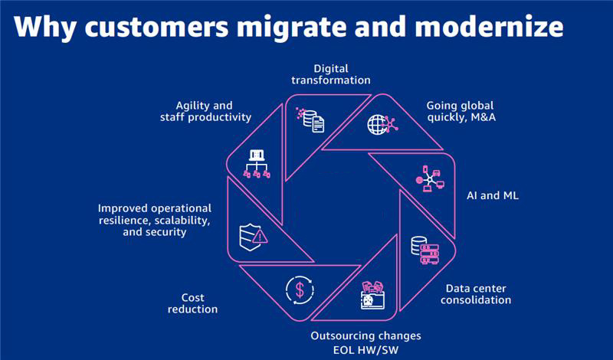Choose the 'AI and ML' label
pos(493,196)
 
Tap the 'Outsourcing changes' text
pos(366,335)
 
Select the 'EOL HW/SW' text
pos(366,349)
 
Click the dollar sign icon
pos(300,290)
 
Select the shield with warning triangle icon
pos(254,233)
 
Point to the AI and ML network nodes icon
pos(430,178)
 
